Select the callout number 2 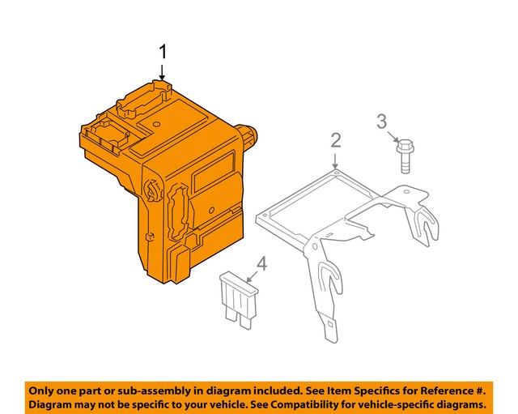click(x=336, y=141)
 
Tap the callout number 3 click(x=381, y=122)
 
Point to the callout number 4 click(x=261, y=262)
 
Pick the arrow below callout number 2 click(x=336, y=160)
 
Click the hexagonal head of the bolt click(x=405, y=147)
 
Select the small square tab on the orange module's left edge click(x=151, y=236)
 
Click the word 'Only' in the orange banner click(x=46, y=389)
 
